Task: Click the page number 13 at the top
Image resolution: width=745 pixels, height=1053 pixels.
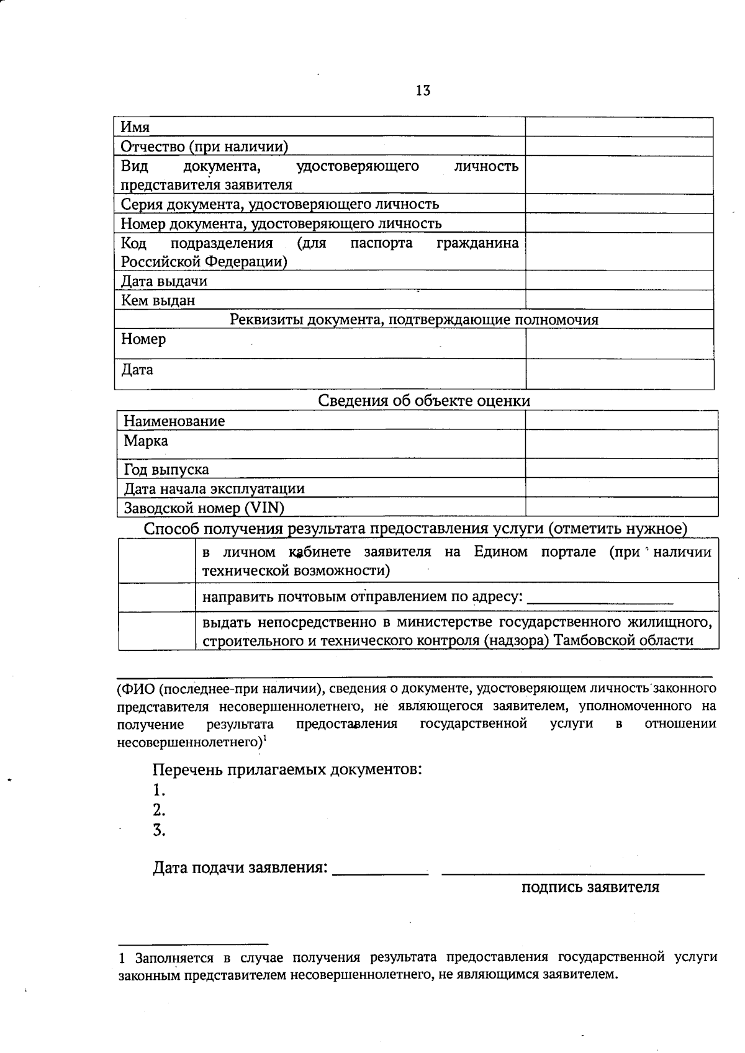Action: point(423,91)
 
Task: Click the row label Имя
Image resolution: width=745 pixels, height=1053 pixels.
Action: point(135,127)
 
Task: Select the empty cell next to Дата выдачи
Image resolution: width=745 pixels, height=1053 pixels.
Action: point(619,281)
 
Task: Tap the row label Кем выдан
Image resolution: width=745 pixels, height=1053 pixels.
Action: point(158,301)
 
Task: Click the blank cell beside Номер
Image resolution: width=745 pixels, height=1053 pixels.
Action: point(619,343)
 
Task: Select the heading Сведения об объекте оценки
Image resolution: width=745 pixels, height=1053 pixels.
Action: point(424,401)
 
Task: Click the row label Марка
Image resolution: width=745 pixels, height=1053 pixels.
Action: point(146,441)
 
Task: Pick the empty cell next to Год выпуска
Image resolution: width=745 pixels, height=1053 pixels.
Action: point(621,469)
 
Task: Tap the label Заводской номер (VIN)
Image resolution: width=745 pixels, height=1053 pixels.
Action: point(204,508)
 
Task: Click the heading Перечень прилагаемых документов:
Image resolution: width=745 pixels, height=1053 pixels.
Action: point(287,770)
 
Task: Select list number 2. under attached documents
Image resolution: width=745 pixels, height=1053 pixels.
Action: point(159,810)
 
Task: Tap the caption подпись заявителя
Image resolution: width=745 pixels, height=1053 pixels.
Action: point(590,887)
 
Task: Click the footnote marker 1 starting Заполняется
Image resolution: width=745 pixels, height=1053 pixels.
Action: point(122,958)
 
